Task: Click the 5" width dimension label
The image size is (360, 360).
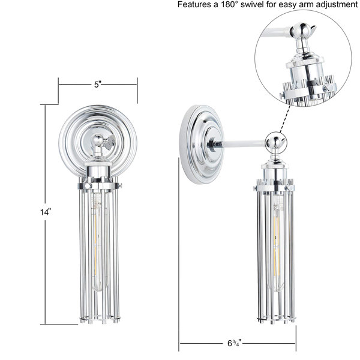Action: pyautogui.click(x=98, y=85)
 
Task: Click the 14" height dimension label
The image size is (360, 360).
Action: pyautogui.click(x=45, y=212)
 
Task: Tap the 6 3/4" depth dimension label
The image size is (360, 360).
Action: pyautogui.click(x=235, y=343)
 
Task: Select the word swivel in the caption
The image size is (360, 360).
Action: pyautogui.click(x=252, y=5)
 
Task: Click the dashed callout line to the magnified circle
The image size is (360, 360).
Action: pyautogui.click(x=285, y=119)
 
